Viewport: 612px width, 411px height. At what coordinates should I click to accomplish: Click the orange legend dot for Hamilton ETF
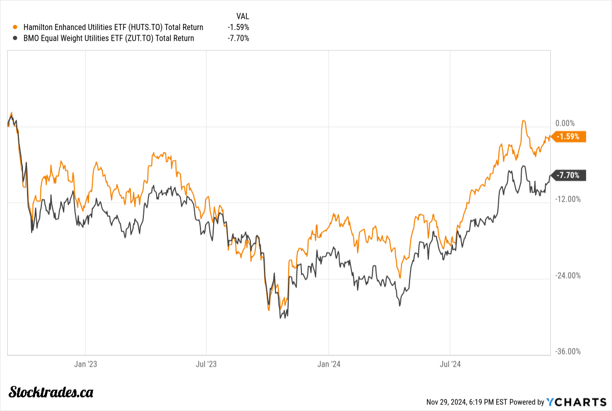tap(15, 28)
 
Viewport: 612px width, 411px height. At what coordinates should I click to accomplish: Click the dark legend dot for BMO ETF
tap(15, 38)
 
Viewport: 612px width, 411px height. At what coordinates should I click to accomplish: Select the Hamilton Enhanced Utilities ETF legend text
tap(112, 28)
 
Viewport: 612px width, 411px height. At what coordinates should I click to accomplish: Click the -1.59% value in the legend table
tap(239, 28)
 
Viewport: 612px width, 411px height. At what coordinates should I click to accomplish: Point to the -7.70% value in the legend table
tap(239, 38)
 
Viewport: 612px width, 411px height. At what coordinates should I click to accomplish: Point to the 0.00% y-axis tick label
tap(565, 123)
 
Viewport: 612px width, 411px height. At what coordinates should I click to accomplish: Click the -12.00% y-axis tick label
tap(567, 199)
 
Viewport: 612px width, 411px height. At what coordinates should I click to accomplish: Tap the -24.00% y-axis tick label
tap(567, 276)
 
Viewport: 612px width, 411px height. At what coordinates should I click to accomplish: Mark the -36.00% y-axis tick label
tap(567, 351)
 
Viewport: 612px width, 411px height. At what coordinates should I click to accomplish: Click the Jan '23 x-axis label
tap(86, 364)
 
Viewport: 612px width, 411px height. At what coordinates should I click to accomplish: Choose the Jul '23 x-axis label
tap(206, 364)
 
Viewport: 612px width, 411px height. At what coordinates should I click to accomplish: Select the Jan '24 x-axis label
tap(329, 364)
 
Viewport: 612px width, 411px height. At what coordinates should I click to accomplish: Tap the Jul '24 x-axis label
tap(451, 364)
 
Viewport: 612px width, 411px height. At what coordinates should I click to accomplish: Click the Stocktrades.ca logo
tap(52, 392)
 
